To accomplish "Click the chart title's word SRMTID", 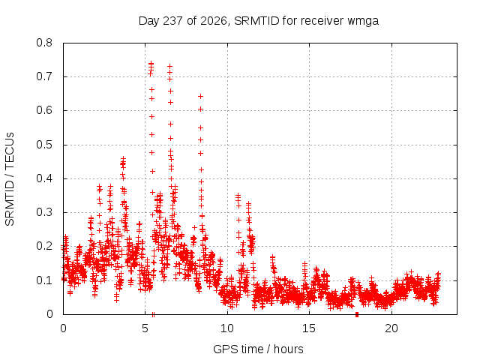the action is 256,21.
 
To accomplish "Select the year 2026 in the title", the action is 213,21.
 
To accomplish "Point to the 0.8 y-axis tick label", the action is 44,43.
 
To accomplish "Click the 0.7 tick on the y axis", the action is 44,76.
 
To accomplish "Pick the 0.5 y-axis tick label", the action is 44,145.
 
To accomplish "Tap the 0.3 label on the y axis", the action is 44,212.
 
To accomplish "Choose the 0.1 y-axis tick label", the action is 44,280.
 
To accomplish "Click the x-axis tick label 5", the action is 145,328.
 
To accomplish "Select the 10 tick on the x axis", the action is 227,328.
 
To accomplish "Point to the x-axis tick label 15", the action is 309,328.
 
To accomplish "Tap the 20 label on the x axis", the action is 391,328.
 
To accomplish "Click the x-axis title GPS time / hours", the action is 258,349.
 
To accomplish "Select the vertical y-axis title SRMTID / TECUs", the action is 10,179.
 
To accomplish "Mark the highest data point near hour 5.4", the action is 151,63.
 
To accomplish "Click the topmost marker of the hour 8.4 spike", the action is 200,96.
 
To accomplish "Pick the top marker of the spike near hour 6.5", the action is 170,66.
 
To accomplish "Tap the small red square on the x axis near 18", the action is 357,315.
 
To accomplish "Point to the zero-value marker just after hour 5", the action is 153,314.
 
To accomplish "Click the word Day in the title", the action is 148,22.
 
